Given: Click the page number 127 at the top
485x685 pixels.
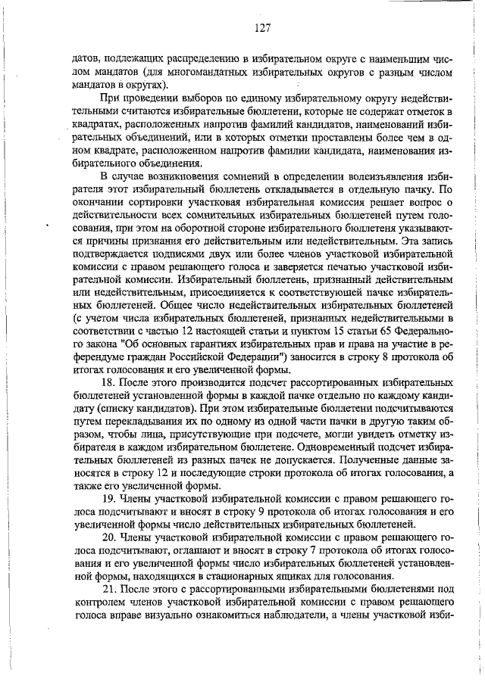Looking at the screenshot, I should point(262,28).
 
